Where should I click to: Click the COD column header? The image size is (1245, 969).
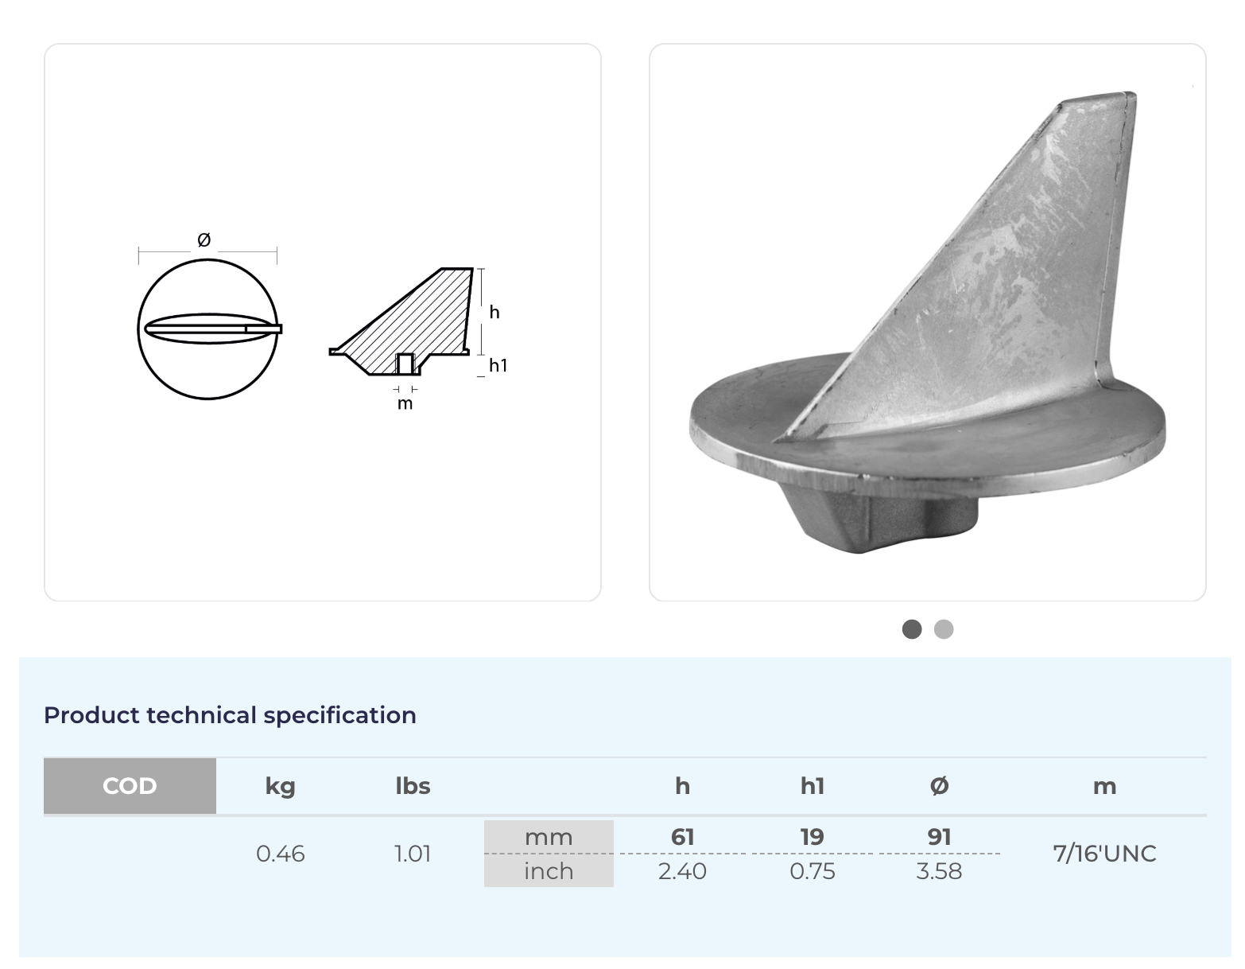coord(130,785)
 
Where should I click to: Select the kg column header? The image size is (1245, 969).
coord(280,787)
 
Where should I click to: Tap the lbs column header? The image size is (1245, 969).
coord(413,785)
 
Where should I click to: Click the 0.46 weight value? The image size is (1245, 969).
coord(280,854)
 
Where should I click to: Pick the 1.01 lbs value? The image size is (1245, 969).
coord(413,854)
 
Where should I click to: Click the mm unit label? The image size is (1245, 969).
coord(549,837)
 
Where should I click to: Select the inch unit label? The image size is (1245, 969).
coord(549,871)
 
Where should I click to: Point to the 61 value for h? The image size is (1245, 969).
coord(682,837)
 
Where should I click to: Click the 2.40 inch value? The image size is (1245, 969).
coord(682,871)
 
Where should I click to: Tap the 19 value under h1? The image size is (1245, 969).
coord(812,837)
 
